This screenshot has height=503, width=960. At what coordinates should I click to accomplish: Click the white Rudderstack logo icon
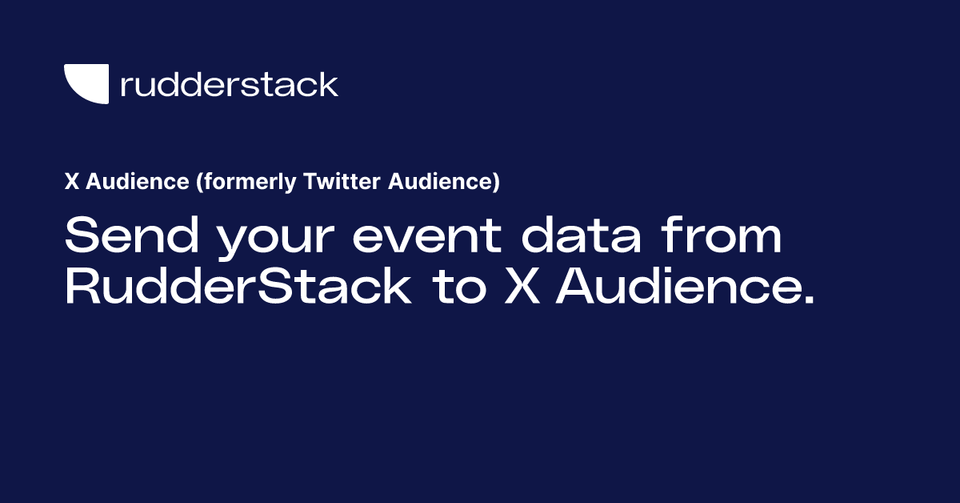86,84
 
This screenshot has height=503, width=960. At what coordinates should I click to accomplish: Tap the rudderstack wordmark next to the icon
229,84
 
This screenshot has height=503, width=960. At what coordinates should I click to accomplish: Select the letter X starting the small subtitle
70,183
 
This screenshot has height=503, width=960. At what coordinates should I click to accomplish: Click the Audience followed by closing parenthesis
438,183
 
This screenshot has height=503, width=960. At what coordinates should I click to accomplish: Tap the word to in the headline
458,288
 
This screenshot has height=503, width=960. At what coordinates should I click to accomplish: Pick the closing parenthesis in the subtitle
496,183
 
